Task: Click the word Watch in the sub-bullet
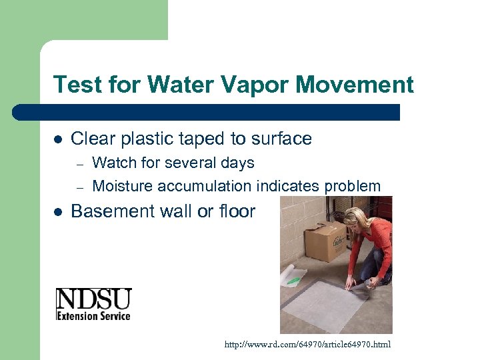113,163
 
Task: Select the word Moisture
122,186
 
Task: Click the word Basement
111,211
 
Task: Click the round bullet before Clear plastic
57,139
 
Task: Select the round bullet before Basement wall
57,212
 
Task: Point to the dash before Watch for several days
79,163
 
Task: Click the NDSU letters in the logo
93,299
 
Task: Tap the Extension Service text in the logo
93,315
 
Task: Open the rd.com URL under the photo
308,345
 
